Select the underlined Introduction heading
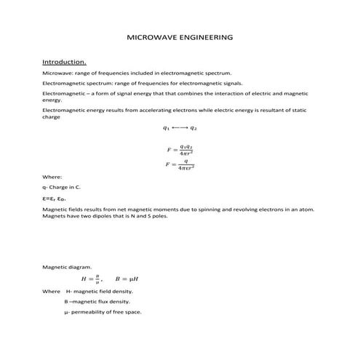pos(65,62)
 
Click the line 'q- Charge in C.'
pos(62,187)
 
